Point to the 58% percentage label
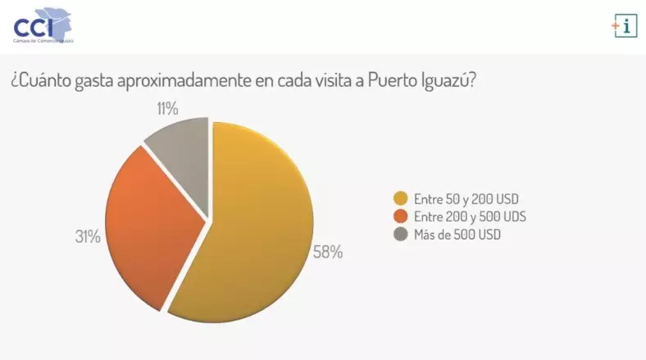(x=328, y=252)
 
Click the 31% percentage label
(x=88, y=237)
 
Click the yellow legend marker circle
(x=400, y=199)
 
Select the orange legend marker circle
(x=400, y=216)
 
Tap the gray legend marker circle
(x=400, y=235)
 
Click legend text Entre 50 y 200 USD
(x=466, y=199)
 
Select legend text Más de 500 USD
(x=457, y=235)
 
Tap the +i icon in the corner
(x=624, y=25)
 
